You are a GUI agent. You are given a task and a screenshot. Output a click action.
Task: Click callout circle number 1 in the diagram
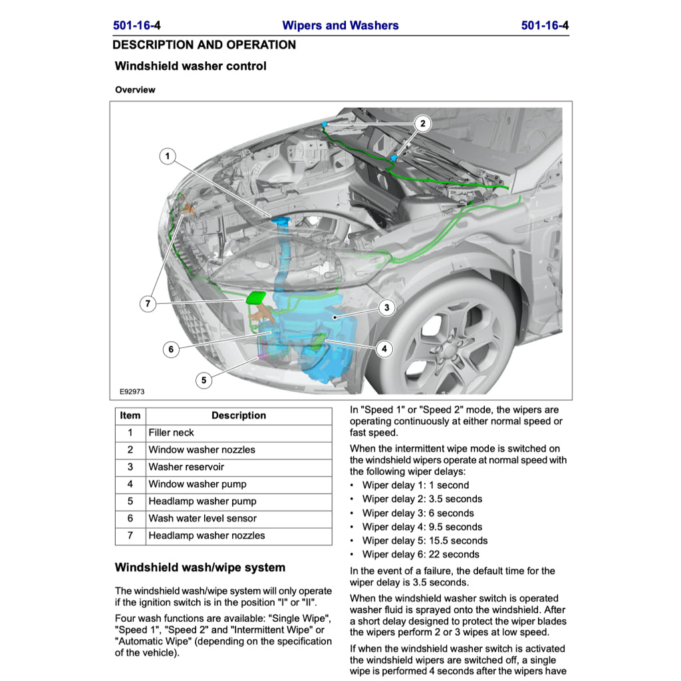(x=168, y=157)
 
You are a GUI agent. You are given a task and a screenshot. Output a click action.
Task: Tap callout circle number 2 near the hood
(x=422, y=123)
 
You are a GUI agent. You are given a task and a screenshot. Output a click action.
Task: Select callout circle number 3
(x=386, y=307)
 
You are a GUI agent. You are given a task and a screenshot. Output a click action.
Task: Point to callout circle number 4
(x=384, y=348)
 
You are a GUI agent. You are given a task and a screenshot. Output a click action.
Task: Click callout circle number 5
(x=204, y=380)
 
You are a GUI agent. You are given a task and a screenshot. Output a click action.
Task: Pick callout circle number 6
(x=171, y=349)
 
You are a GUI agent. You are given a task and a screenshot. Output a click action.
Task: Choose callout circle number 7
(x=148, y=304)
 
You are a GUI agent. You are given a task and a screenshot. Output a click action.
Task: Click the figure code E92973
(x=132, y=392)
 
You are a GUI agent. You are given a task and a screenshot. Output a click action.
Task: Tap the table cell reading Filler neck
(x=172, y=432)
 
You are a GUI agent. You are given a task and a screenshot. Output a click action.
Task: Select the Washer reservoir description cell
(x=186, y=467)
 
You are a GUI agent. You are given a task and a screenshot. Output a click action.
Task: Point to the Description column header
(x=238, y=416)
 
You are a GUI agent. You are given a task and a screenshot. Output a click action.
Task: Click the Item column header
(x=130, y=416)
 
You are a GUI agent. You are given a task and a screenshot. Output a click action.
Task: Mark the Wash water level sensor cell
(x=202, y=518)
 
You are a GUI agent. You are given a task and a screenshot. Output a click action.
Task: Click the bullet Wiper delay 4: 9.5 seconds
(x=422, y=527)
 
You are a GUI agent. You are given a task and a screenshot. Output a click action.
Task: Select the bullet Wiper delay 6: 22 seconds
(x=420, y=554)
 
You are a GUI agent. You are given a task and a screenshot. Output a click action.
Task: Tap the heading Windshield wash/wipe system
(x=200, y=567)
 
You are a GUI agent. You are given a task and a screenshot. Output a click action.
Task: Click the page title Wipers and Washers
(x=340, y=26)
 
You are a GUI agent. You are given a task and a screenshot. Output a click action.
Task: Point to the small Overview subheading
(x=135, y=90)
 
